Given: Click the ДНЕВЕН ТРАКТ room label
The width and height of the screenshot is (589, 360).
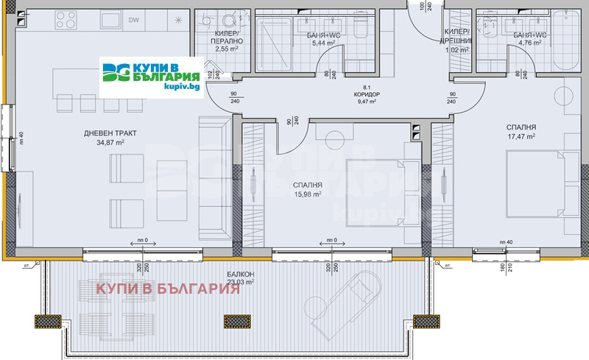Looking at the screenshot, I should (x=110, y=133).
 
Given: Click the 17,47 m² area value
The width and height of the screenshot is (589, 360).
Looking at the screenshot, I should (x=520, y=135).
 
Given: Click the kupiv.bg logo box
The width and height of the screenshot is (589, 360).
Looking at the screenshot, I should (x=151, y=77).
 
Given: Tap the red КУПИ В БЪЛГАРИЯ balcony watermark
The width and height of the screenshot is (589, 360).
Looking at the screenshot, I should (x=168, y=289).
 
